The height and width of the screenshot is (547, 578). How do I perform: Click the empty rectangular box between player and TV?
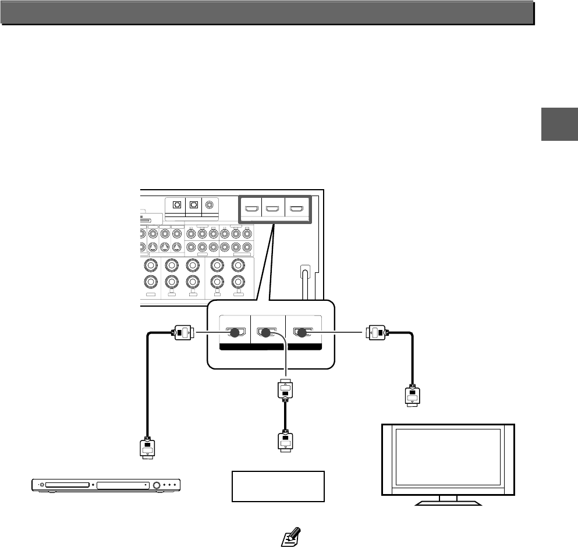pyautogui.click(x=278, y=486)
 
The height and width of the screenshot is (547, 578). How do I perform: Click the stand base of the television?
pyautogui.click(x=448, y=502)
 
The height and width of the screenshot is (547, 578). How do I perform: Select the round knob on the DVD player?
pyautogui.click(x=157, y=485)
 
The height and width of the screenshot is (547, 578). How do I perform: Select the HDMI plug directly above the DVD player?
pyautogui.click(x=147, y=447)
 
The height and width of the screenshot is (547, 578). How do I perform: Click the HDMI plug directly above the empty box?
pyautogui.click(x=285, y=441)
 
